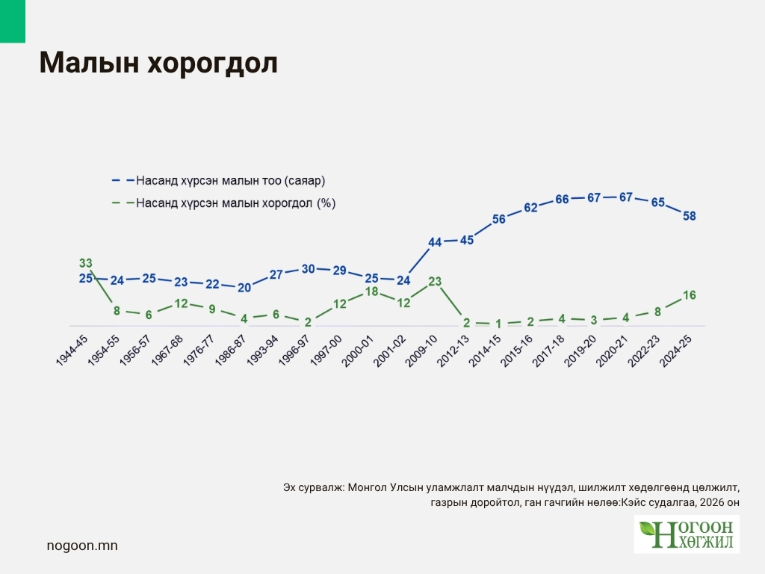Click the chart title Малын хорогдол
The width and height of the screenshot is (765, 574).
[158, 64]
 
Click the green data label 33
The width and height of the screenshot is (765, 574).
[86, 263]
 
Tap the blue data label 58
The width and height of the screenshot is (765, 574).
[690, 216]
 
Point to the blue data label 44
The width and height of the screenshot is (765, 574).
[436, 242]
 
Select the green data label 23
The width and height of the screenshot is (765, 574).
[436, 282]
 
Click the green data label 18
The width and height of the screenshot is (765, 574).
[372, 291]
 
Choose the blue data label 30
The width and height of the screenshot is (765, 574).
[308, 269]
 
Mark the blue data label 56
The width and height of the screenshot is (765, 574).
[499, 219]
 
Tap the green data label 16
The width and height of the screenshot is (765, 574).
[690, 295]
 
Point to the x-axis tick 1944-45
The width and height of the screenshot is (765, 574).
[72, 350]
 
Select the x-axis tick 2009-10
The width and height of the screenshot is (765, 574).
[421, 350]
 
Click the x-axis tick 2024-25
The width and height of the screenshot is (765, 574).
[676, 350]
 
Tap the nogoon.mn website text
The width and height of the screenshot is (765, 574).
[82, 546]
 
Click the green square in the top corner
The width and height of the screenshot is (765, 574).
[13, 21]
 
